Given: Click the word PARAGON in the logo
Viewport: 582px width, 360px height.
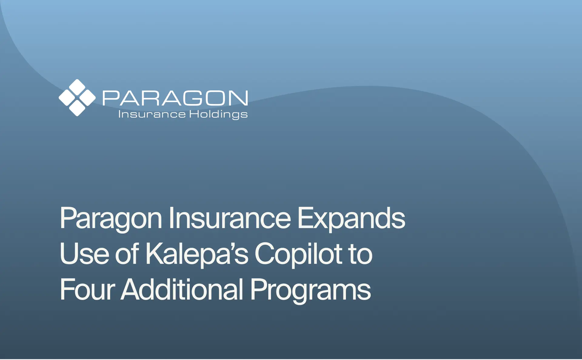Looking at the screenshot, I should pos(175,98).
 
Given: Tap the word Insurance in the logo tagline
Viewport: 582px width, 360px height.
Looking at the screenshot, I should pos(152,114).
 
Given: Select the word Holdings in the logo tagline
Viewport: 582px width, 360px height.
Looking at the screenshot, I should pos(218,115).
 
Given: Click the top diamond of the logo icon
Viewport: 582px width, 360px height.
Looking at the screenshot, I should pos(77,88).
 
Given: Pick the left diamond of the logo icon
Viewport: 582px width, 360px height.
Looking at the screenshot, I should pos(67,98).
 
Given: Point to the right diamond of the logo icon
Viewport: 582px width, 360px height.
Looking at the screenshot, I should pos(87,98).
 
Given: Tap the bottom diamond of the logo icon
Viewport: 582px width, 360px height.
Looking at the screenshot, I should pos(77,108).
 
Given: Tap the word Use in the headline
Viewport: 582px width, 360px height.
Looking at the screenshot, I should pos(85,254).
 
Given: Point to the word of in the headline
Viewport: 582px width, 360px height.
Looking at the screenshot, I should pos(127,254).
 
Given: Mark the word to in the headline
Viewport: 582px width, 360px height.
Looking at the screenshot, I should pos(360,254).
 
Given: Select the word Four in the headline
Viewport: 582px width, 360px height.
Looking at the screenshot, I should pos(87,290).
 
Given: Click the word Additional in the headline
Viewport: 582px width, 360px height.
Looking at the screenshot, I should pos(182,290).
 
